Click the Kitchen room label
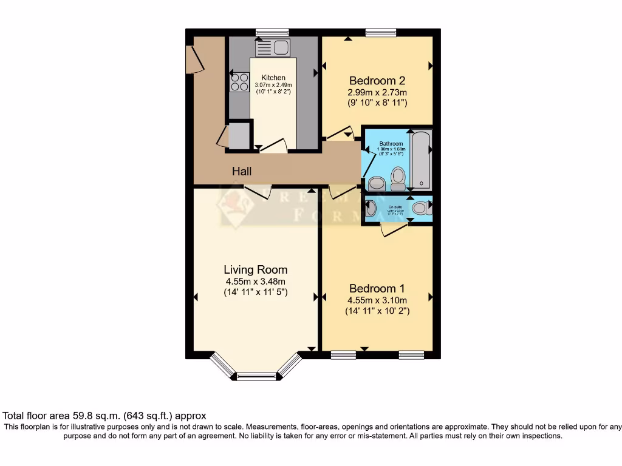[x=273, y=78]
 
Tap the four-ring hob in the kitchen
[x=239, y=82]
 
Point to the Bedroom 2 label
[x=377, y=81]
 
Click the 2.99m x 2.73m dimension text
[x=377, y=92]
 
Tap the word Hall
[x=242, y=172]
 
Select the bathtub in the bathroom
[x=421, y=159]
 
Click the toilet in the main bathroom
[x=398, y=177]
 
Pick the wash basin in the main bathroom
[x=377, y=183]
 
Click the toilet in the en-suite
[x=419, y=209]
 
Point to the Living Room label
[x=255, y=270]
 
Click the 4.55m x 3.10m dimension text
[x=377, y=300]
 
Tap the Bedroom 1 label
[x=377, y=289]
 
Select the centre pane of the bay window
[x=256, y=377]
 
